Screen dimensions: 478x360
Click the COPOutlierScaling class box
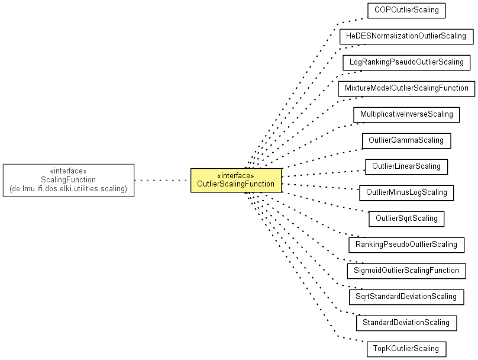406,11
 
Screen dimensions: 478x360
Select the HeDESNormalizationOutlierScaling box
406,37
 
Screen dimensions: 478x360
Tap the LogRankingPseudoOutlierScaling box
406,63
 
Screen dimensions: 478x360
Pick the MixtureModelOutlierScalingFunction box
406,89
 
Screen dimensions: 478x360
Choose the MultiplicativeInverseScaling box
406,115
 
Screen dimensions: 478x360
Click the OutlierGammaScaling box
406,141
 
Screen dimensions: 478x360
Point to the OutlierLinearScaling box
406,167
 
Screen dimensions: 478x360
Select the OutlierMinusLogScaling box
406,193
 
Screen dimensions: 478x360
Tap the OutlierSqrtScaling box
406,219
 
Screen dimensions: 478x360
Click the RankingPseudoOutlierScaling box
406,245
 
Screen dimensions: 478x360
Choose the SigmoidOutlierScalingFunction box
406,271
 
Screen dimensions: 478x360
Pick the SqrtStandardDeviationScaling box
406,297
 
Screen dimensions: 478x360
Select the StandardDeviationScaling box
406,323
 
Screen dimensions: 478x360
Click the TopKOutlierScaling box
406,349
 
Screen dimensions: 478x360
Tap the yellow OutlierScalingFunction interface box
236,181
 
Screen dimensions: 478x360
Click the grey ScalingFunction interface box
69,181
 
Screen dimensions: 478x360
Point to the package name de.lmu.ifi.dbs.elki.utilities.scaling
68,189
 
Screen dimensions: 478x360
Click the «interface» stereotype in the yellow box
235,176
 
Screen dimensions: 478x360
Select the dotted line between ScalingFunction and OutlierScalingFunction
163,181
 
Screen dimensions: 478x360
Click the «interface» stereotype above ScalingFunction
68,171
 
